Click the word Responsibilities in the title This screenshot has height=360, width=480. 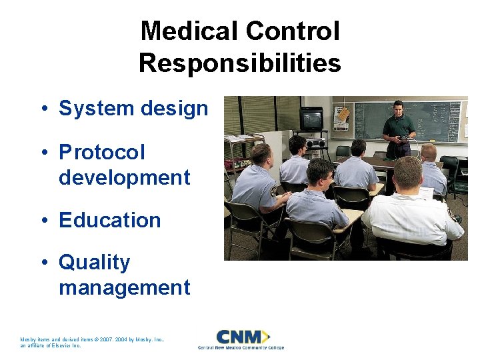pyautogui.click(x=240, y=63)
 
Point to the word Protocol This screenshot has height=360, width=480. pyautogui.click(x=102, y=153)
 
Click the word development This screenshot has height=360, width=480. pyautogui.click(x=125, y=178)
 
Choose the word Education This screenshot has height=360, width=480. pyautogui.click(x=110, y=221)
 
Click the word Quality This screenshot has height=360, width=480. pyautogui.click(x=95, y=263)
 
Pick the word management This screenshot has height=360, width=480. pyautogui.click(x=125, y=288)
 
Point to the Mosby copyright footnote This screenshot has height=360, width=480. pyautogui.click(x=93, y=342)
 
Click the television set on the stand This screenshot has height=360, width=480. pyautogui.click(x=311, y=119)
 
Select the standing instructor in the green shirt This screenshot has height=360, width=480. pyautogui.click(x=399, y=130)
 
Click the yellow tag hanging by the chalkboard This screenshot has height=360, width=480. pyautogui.click(x=343, y=115)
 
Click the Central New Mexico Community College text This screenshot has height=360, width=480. pyautogui.click(x=241, y=348)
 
